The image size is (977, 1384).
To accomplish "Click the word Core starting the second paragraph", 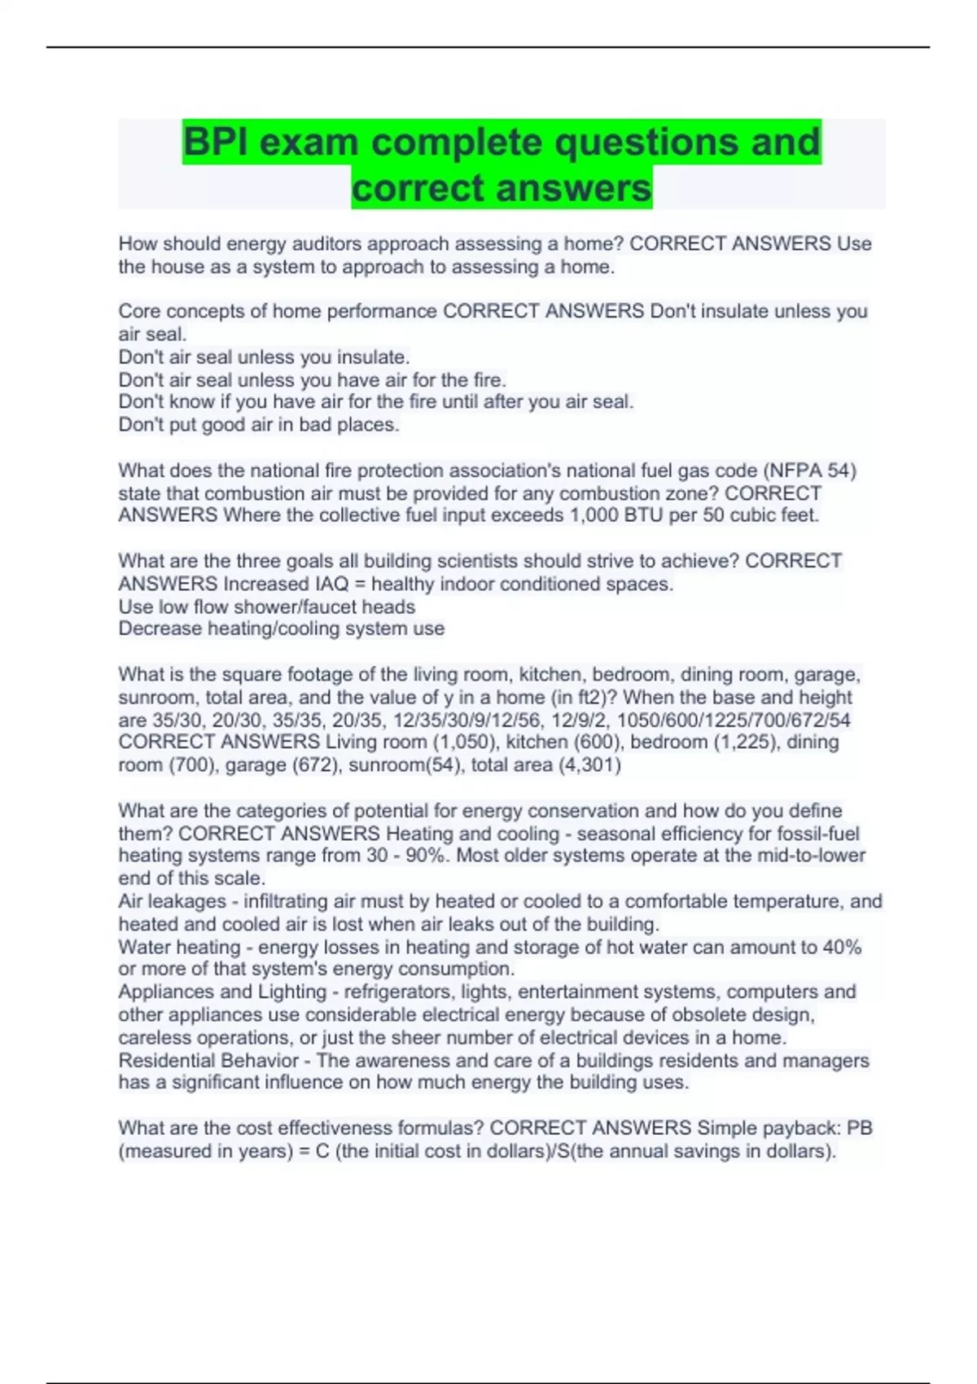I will [x=139, y=311].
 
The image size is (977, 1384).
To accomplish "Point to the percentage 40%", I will [x=842, y=947].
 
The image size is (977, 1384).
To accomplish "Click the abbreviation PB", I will [x=860, y=1128].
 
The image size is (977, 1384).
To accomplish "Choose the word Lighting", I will [x=292, y=992].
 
